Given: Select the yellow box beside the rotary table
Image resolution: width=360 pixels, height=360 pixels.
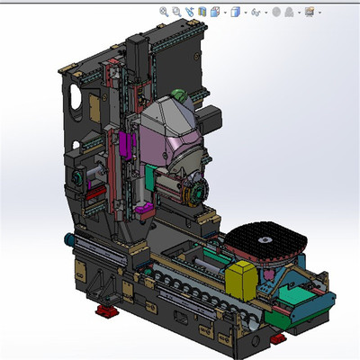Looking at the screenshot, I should pyautogui.click(x=245, y=279).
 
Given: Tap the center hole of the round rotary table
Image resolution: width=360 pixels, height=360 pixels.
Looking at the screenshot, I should pyautogui.click(x=265, y=240).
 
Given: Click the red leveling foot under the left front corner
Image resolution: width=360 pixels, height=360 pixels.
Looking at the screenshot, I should pyautogui.click(x=106, y=312).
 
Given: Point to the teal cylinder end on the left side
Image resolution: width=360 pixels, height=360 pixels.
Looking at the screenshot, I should pyautogui.click(x=68, y=240).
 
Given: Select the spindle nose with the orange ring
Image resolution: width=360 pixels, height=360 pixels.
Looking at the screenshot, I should pyautogui.click(x=193, y=191).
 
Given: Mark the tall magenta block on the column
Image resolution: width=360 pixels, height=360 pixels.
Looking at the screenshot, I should pyautogui.click(x=124, y=145).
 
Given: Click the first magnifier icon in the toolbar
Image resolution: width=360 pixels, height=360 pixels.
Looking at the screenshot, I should pyautogui.click(x=164, y=12).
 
